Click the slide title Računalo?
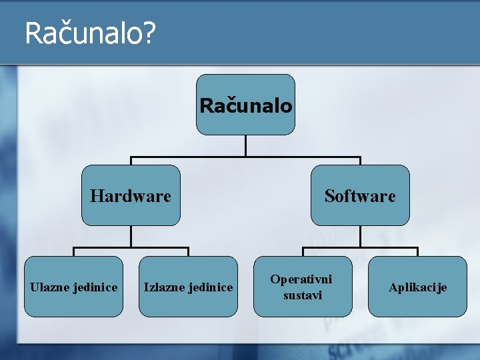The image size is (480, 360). tap(90, 33)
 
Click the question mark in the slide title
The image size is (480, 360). tap(149, 33)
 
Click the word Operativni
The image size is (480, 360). tap(301, 279)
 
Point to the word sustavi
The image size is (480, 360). tap(302, 295)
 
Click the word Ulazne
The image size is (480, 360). tap(50, 287)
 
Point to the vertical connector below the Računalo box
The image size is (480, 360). tap(245, 146)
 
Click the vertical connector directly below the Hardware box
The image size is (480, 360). tap(131, 237)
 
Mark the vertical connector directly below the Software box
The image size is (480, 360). tap(360, 237)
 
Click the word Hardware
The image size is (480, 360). tap(131, 196)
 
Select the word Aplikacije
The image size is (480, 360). tap(417, 287)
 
